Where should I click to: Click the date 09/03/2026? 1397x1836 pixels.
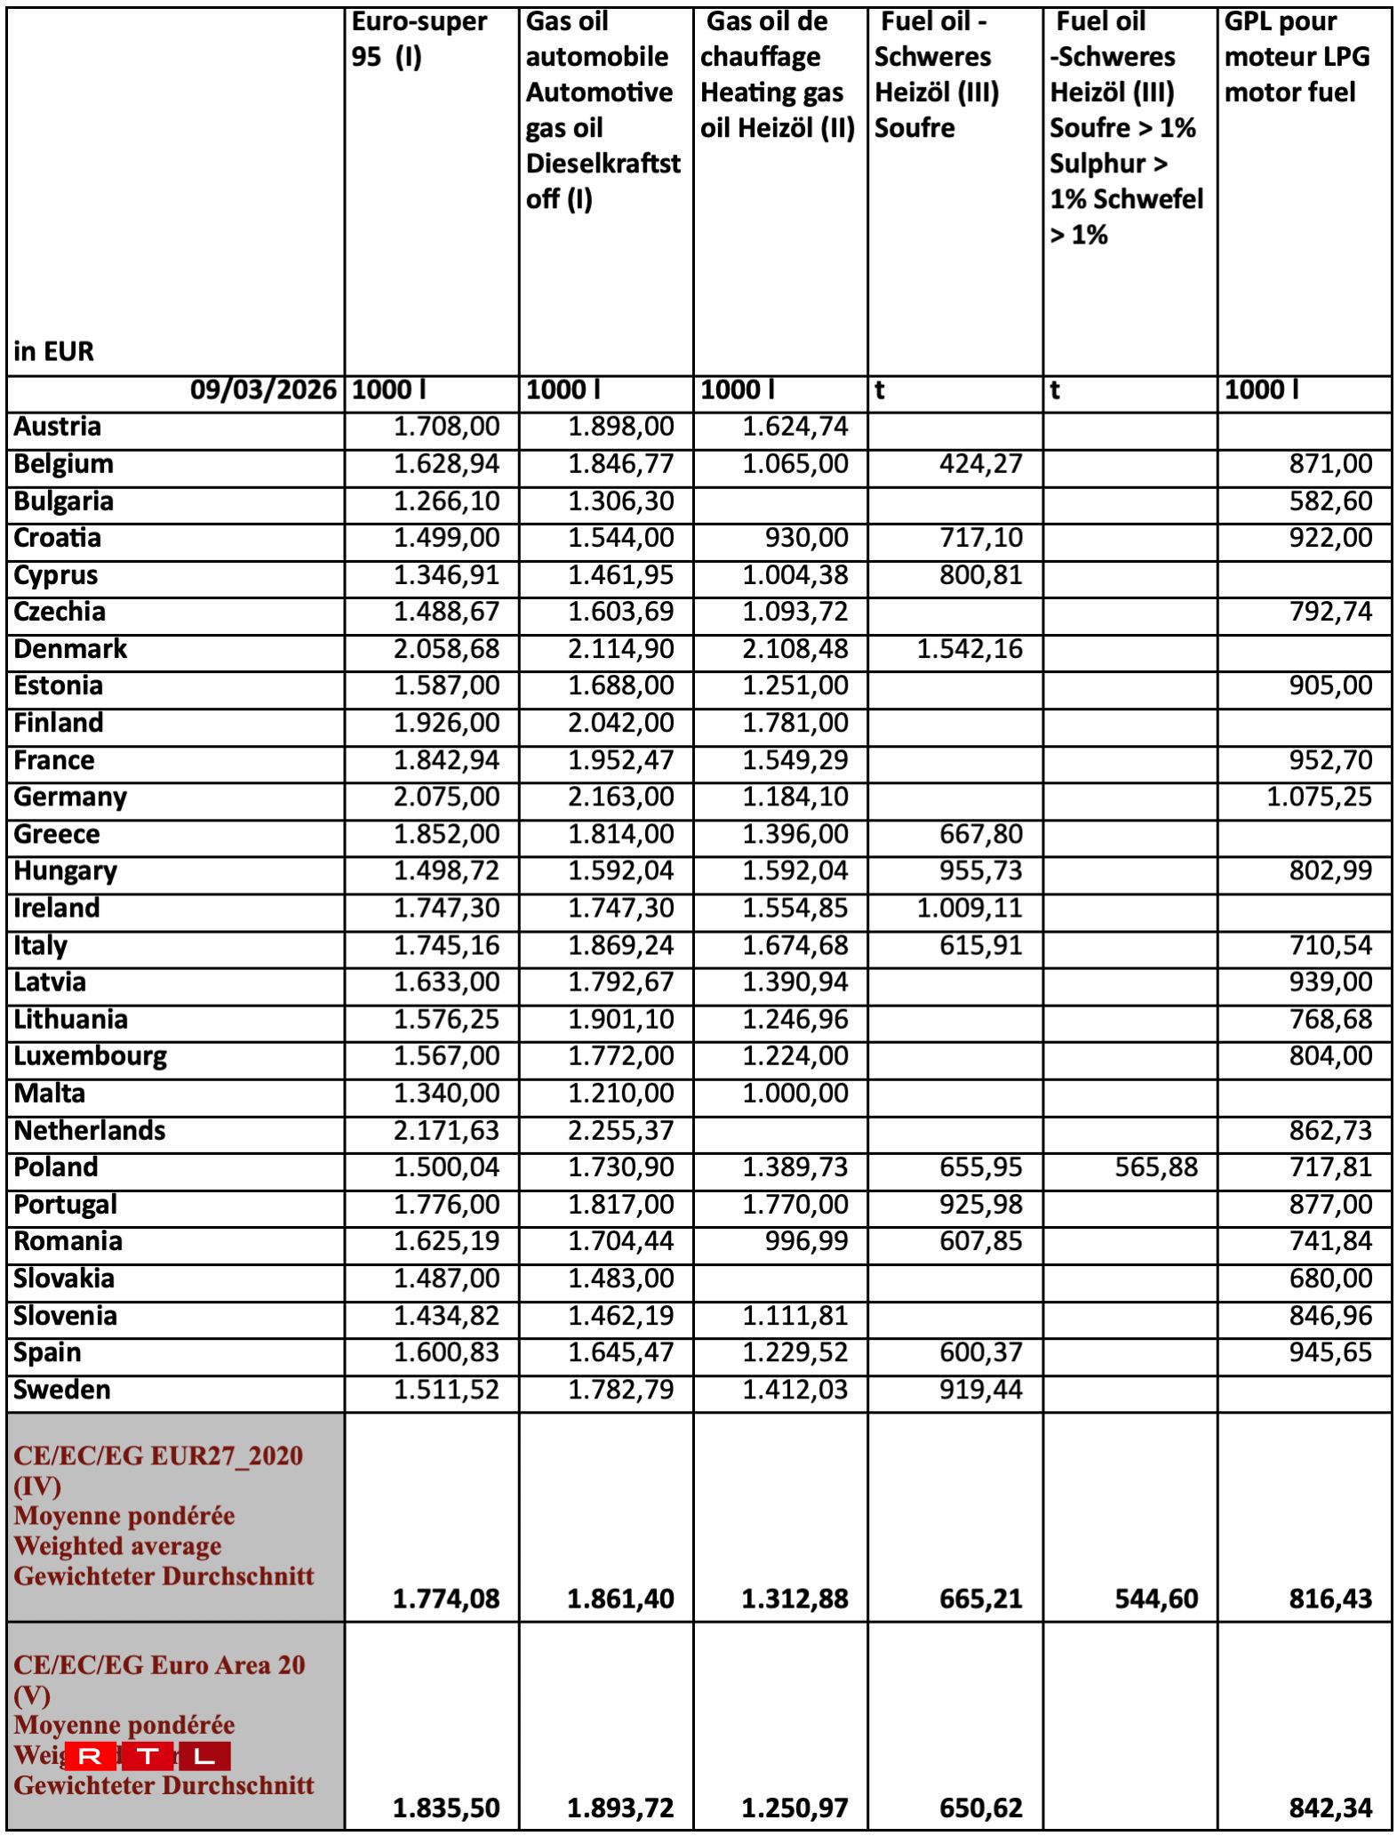263,389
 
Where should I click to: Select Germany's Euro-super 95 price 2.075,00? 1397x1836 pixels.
446,797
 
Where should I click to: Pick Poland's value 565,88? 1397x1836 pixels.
1155,1167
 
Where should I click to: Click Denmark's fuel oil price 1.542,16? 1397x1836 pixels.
969,649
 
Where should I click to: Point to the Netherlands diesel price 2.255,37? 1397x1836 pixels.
620,1131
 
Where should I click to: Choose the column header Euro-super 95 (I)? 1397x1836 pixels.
419,39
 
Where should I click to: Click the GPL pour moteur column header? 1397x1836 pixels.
1297,57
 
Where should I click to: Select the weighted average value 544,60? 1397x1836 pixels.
1155,1599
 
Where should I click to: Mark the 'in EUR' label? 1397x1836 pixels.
53,352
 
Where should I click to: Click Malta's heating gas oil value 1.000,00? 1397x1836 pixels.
795,1094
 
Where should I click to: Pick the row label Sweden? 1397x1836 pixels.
62,1390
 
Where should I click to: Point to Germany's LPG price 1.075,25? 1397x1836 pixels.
1319,797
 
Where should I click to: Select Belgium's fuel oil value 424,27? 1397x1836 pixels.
980,464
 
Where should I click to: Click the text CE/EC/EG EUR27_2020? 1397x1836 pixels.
158,1455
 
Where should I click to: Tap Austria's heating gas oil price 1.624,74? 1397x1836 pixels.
795,427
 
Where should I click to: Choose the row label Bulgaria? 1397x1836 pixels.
63,501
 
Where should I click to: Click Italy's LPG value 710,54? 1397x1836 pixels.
1330,945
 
